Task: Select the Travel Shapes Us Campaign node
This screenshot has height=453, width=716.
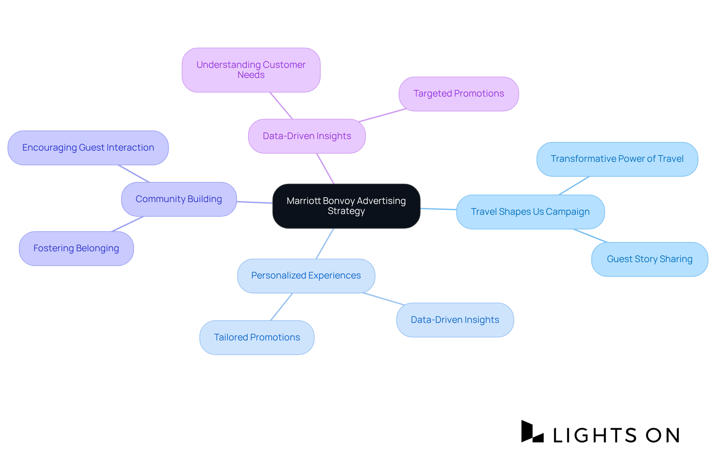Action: (530, 212)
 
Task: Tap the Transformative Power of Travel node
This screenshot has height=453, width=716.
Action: (617, 159)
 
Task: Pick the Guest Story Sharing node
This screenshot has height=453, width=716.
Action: (649, 259)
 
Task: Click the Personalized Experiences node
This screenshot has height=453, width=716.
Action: (306, 276)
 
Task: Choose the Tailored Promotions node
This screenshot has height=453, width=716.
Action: (257, 337)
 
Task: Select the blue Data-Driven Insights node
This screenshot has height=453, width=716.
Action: (455, 320)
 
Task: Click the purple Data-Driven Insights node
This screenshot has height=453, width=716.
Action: (307, 136)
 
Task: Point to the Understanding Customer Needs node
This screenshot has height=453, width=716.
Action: (251, 70)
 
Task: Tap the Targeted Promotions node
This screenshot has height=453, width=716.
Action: (458, 94)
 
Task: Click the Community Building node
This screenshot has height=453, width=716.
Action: (179, 199)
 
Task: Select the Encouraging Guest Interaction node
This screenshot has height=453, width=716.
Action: (88, 148)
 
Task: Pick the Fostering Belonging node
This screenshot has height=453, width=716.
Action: (76, 248)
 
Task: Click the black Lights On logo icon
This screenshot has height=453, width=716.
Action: (532, 432)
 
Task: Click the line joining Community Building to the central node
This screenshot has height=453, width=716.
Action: (254, 202)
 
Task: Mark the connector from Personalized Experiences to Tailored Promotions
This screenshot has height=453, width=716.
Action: (282, 307)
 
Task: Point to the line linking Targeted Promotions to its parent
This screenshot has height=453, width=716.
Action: (382, 115)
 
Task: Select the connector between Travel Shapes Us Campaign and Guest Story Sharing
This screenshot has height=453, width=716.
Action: (590, 236)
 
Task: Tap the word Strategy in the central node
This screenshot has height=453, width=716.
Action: (346, 211)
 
